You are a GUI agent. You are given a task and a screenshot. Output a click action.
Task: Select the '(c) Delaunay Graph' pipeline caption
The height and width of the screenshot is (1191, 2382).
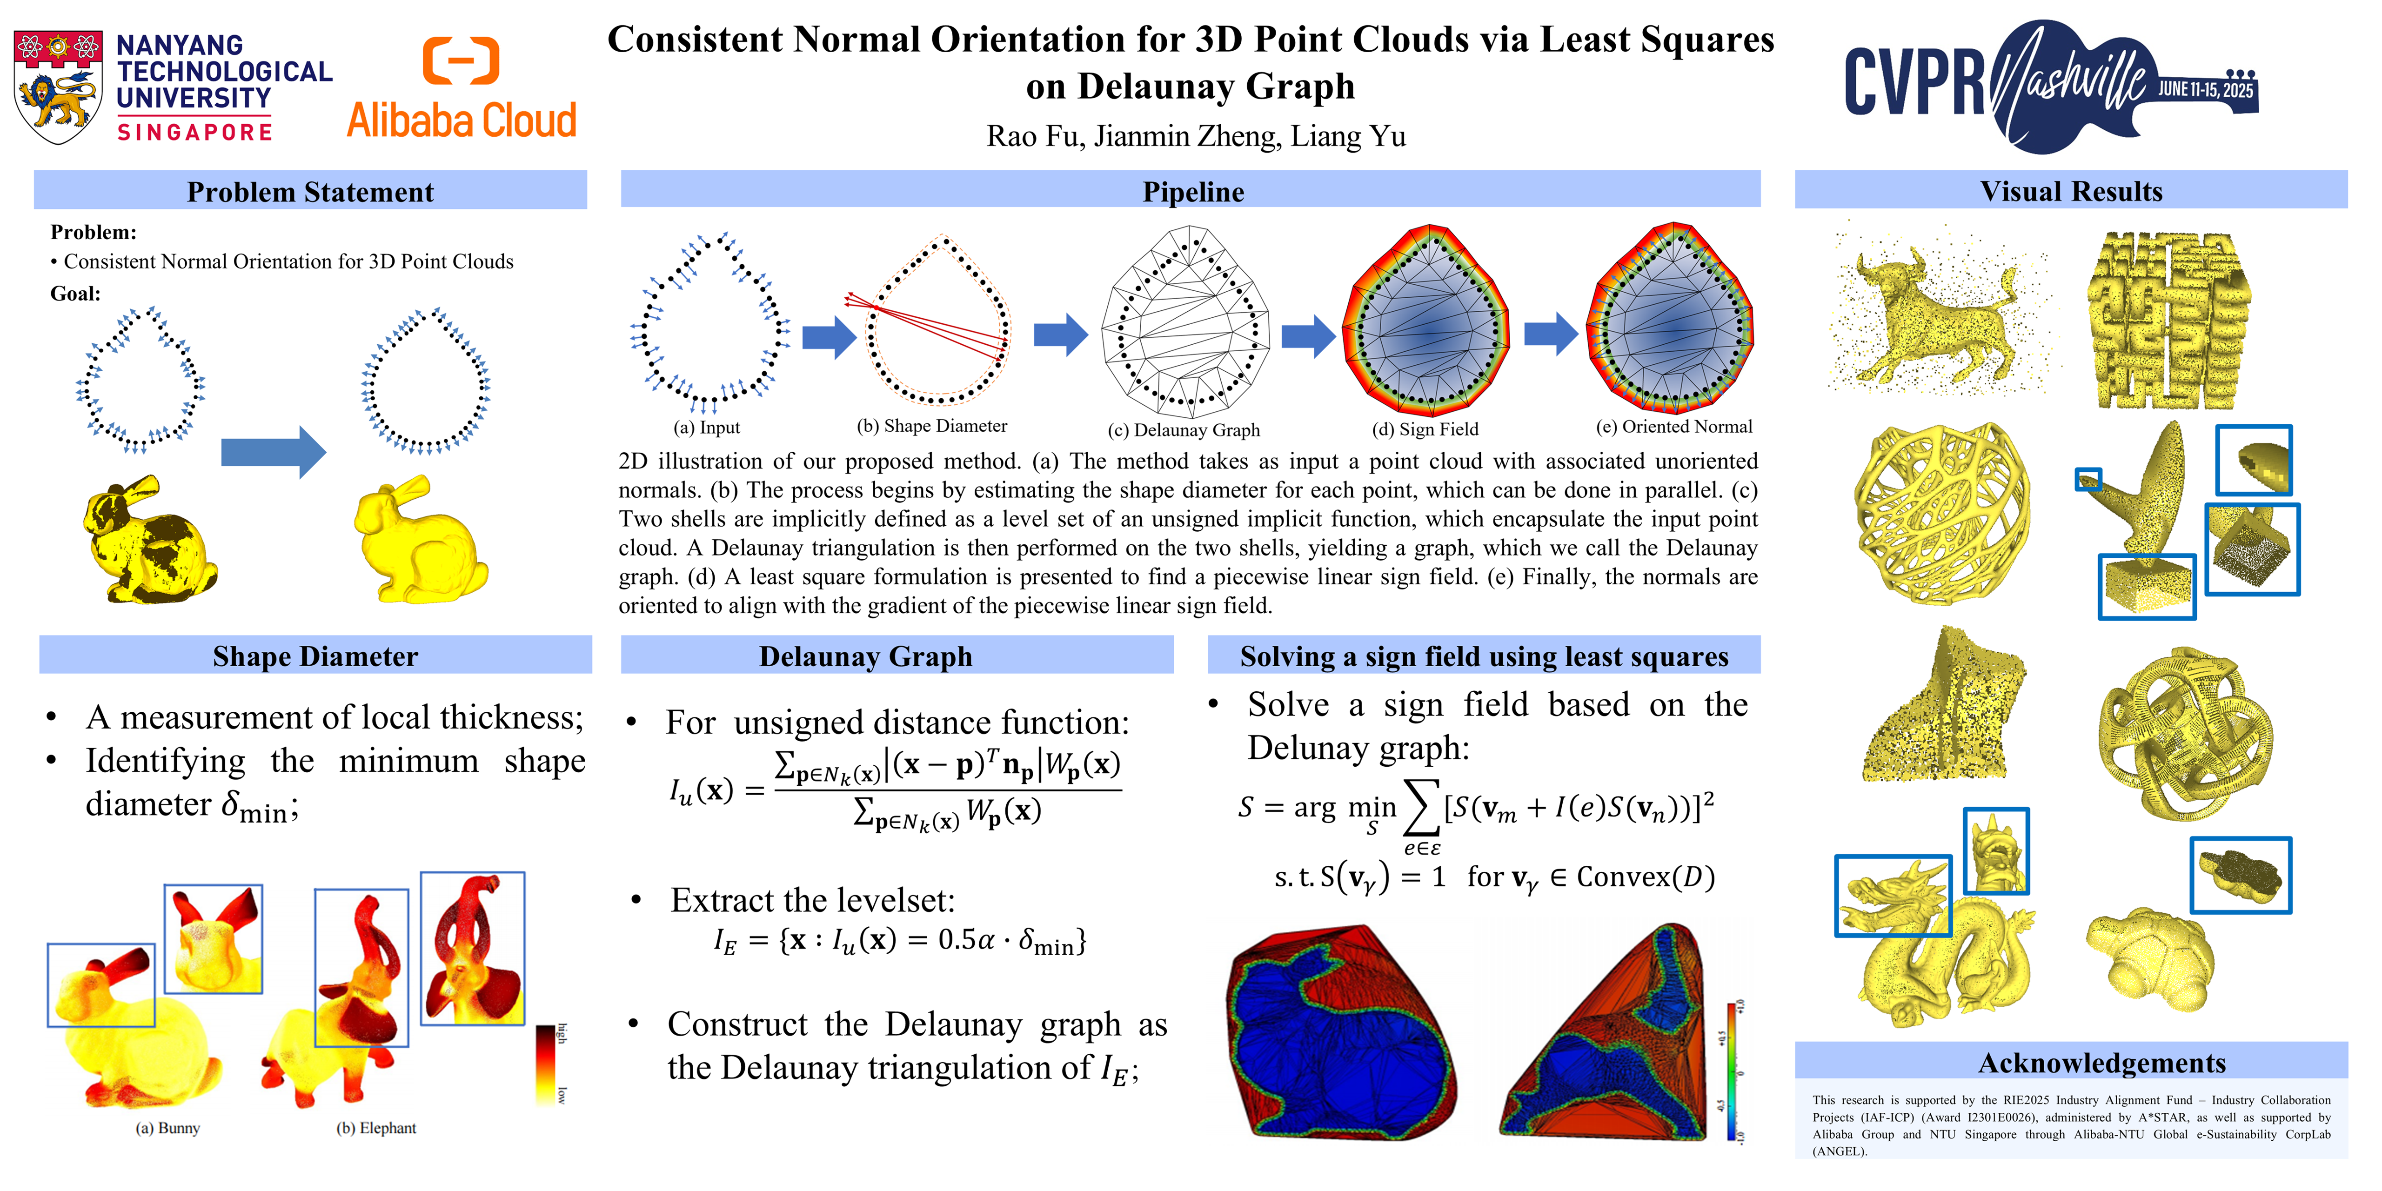coord(1184,430)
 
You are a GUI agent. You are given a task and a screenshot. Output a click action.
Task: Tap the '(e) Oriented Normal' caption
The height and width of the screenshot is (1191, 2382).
coord(1674,426)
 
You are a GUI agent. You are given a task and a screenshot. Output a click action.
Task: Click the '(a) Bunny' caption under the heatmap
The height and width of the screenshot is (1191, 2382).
coord(167,1128)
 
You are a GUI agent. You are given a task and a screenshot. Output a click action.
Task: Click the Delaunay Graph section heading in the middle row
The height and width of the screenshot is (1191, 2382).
coord(865,656)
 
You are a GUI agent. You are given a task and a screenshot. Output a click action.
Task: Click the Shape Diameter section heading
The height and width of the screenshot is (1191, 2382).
coord(315,656)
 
